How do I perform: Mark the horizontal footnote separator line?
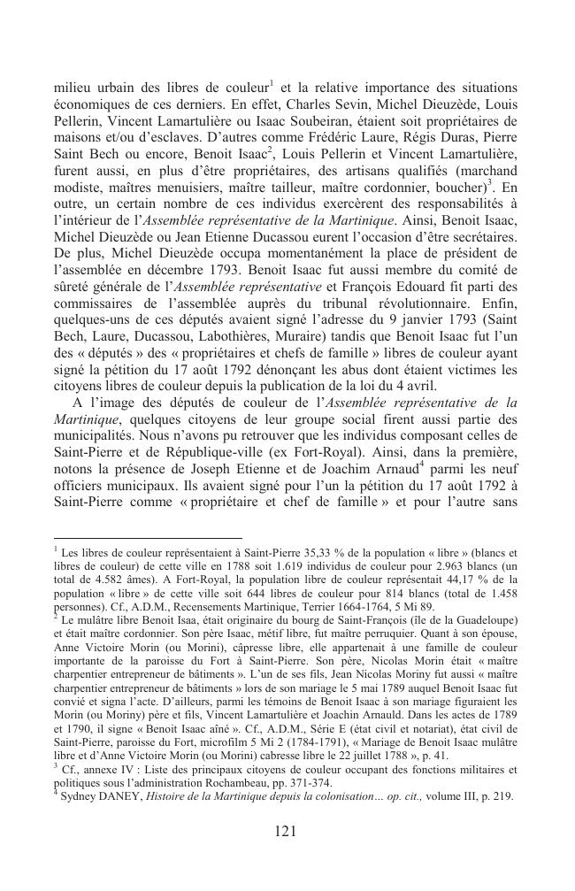[148, 537]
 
